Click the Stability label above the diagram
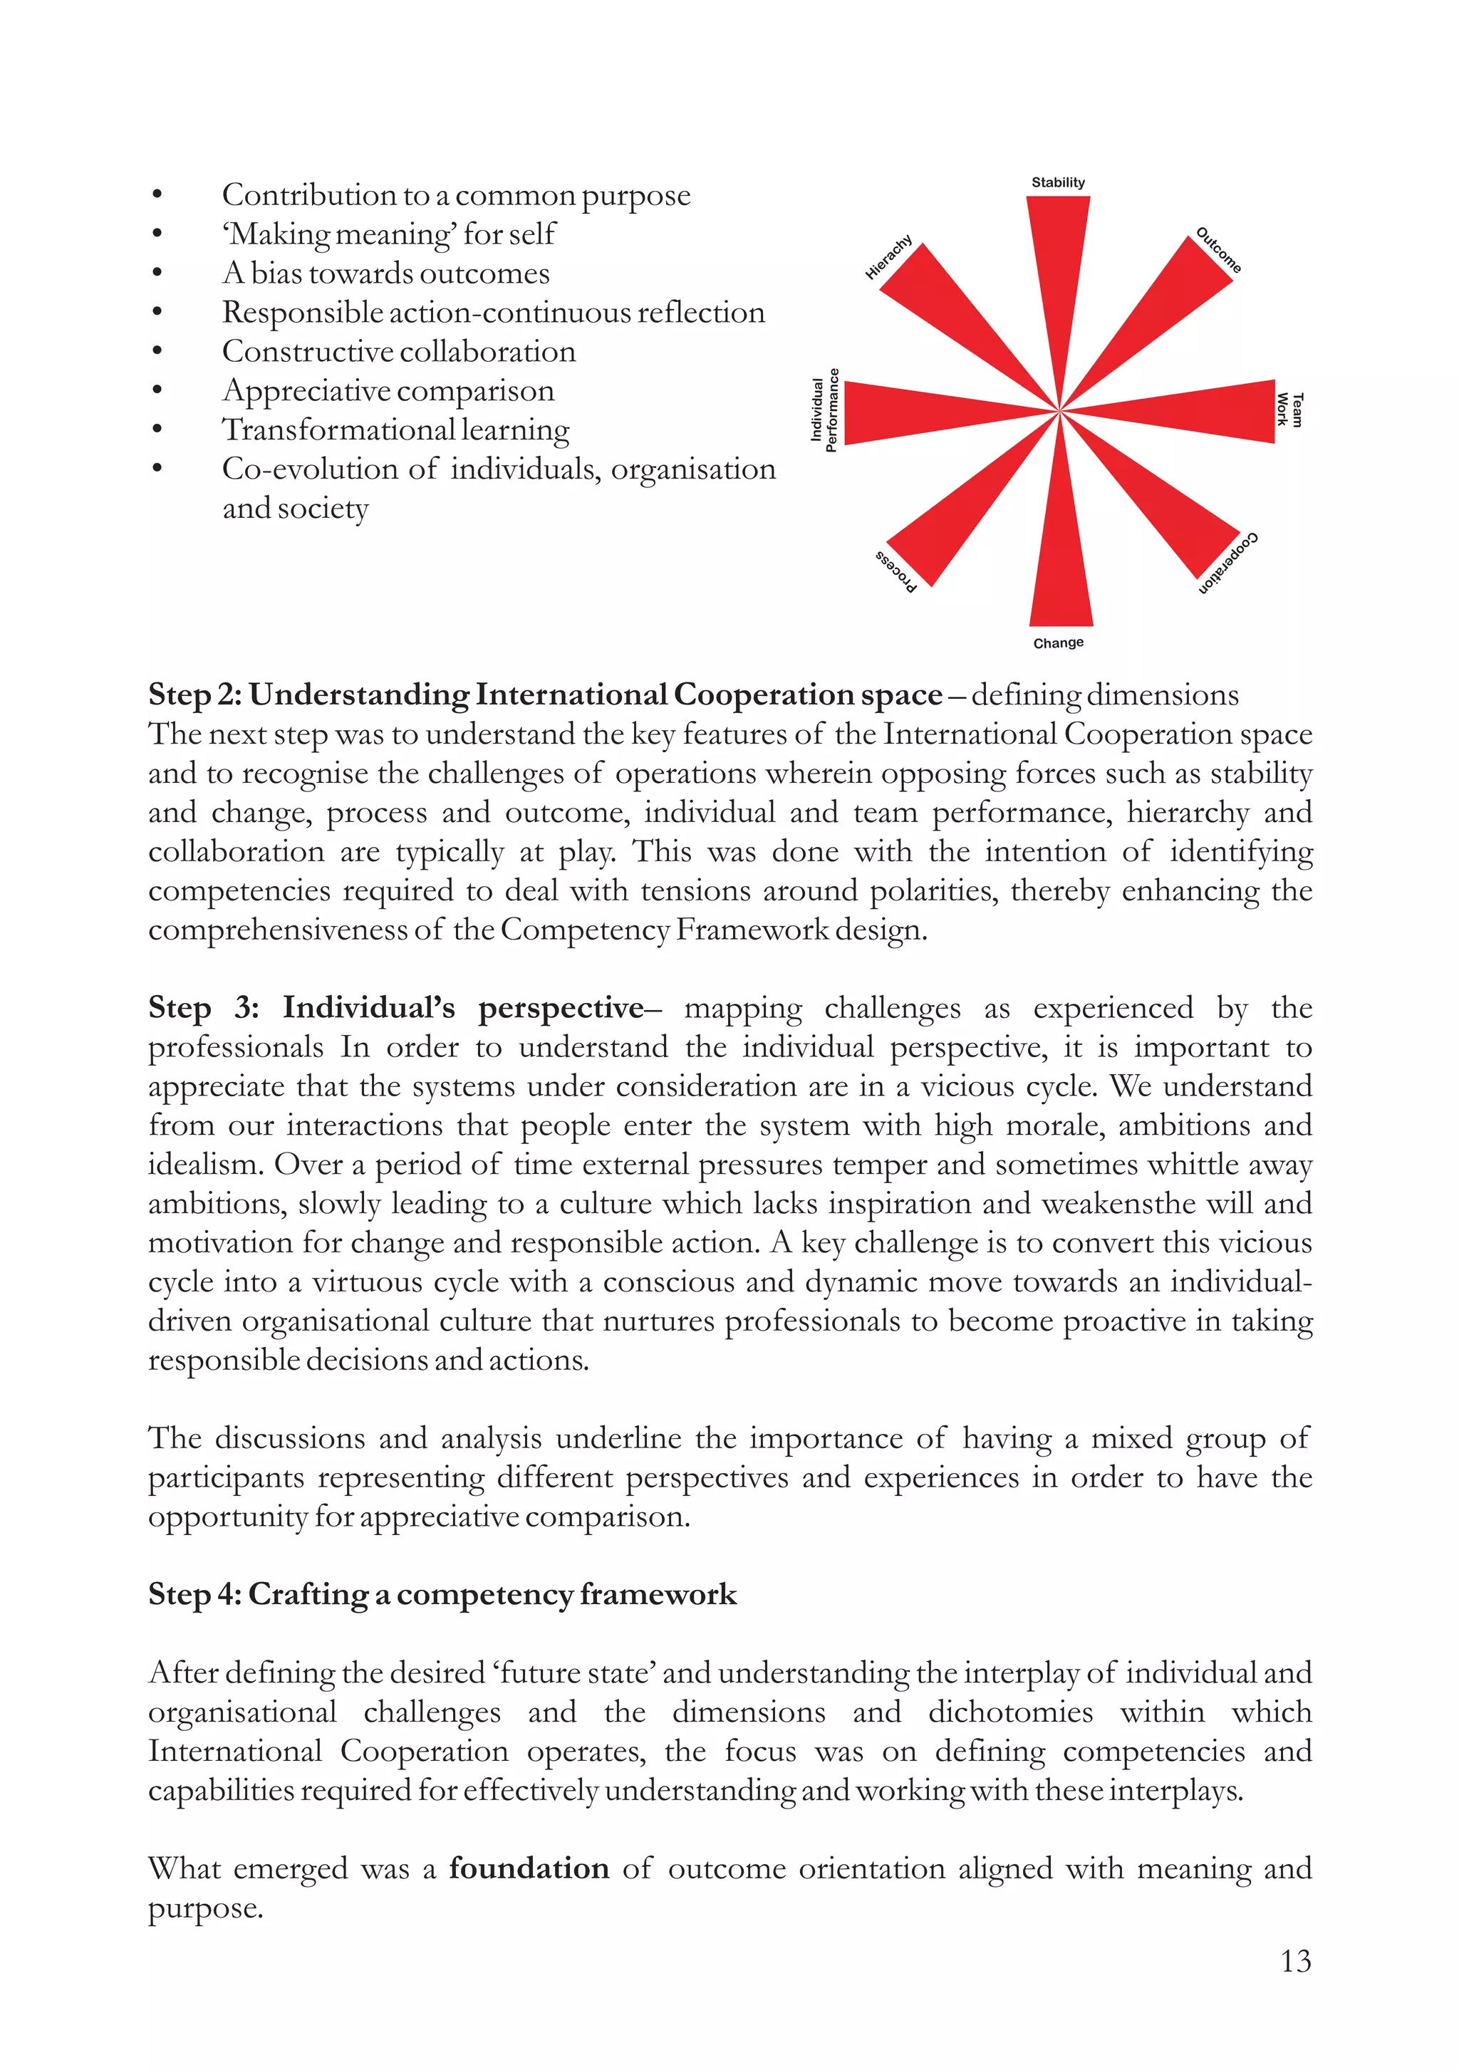coord(1058,182)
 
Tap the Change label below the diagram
coord(1058,643)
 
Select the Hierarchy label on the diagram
coord(889,258)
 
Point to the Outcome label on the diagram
coord(1218,250)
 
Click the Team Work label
coord(1289,410)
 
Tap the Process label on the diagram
coord(896,571)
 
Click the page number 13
coord(1295,1961)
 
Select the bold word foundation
coord(529,1867)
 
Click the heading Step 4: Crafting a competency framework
coord(442,1595)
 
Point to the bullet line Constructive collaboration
coord(398,352)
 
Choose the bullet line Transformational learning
coord(396,430)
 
